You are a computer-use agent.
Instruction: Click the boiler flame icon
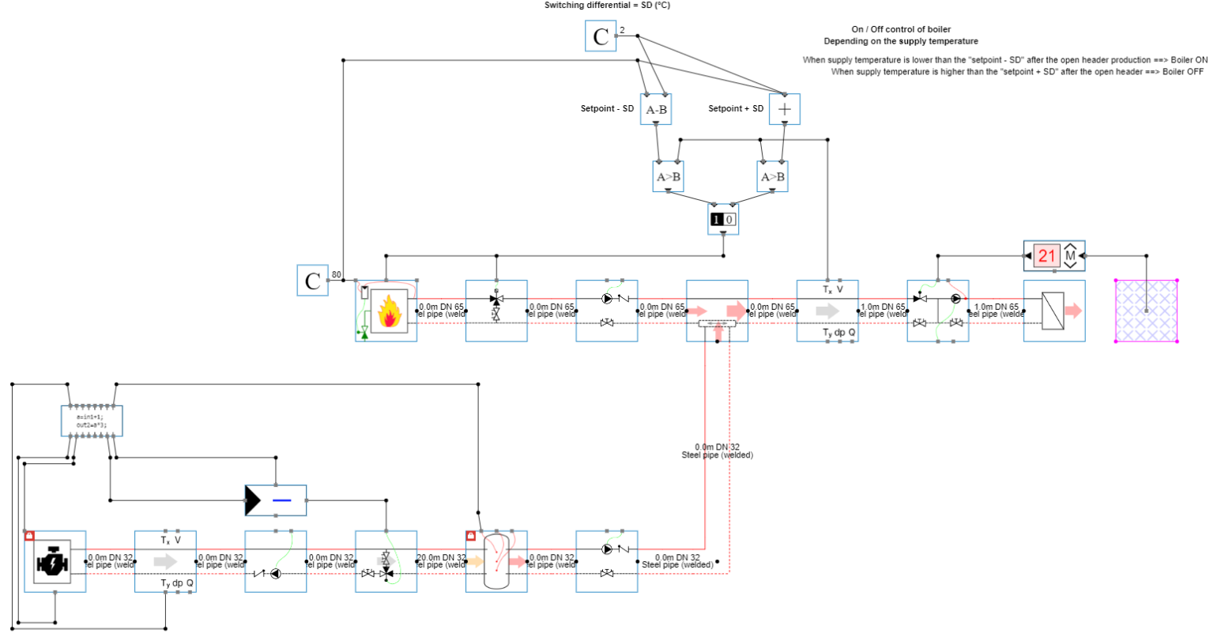tap(389, 311)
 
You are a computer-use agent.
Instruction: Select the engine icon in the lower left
tap(54, 561)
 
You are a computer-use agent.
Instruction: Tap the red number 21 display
tap(1047, 255)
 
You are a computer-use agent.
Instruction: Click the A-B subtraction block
tap(656, 109)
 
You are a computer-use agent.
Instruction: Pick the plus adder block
tap(784, 109)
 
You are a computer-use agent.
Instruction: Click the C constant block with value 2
tap(601, 36)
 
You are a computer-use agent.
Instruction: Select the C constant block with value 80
tap(312, 281)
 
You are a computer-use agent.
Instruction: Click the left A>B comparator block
tap(669, 177)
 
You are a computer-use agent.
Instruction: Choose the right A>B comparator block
tap(772, 177)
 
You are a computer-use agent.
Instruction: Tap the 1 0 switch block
tap(722, 219)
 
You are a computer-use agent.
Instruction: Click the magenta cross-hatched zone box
tap(1146, 311)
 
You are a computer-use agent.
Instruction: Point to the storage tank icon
tap(496, 561)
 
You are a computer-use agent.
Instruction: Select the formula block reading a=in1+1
tap(92, 420)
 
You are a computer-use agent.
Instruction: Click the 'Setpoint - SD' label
tap(607, 108)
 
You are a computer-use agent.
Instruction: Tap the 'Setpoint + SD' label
tap(736, 108)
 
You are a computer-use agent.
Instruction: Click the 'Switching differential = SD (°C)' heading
tap(607, 6)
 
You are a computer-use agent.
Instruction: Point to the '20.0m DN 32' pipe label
tap(441, 558)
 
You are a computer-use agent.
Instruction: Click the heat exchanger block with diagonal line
tap(1053, 311)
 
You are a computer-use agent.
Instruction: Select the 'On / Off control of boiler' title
tap(901, 29)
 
